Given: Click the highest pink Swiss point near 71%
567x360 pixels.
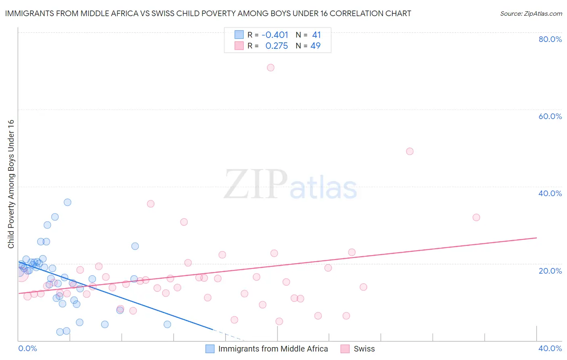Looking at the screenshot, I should pyautogui.click(x=271, y=67).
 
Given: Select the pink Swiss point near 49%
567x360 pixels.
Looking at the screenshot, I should pyautogui.click(x=410, y=151).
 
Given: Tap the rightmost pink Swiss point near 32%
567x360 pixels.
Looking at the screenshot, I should pyautogui.click(x=476, y=218).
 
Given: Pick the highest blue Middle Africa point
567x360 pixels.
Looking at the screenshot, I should pyautogui.click(x=68, y=202).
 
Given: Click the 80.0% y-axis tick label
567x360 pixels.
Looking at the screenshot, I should pyautogui.click(x=550, y=39).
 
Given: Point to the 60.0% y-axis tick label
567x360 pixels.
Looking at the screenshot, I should pyautogui.click(x=550, y=116).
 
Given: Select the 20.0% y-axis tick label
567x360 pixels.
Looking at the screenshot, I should pyautogui.click(x=550, y=271).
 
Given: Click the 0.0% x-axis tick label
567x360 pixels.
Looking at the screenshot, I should pyautogui.click(x=27, y=348).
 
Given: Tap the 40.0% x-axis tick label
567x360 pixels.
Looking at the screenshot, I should pyautogui.click(x=550, y=348).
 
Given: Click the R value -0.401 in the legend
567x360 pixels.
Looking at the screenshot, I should pyautogui.click(x=275, y=35).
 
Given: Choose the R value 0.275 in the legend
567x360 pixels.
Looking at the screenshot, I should pyautogui.click(x=277, y=46).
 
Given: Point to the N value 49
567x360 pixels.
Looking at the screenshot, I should pyautogui.click(x=315, y=46).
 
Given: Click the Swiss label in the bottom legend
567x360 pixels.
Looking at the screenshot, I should pyautogui.click(x=364, y=349).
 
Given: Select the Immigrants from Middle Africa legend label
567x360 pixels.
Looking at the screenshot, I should pyautogui.click(x=273, y=349).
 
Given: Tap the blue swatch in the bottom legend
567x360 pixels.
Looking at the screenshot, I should pyautogui.click(x=210, y=349).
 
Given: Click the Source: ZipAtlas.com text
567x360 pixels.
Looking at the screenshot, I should pyautogui.click(x=531, y=14).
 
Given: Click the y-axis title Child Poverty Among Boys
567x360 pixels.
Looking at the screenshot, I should pyautogui.click(x=11, y=184).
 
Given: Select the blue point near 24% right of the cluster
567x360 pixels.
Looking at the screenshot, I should pyautogui.click(x=135, y=246).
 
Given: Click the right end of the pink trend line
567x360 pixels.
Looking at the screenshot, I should pyautogui.click(x=536, y=238).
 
